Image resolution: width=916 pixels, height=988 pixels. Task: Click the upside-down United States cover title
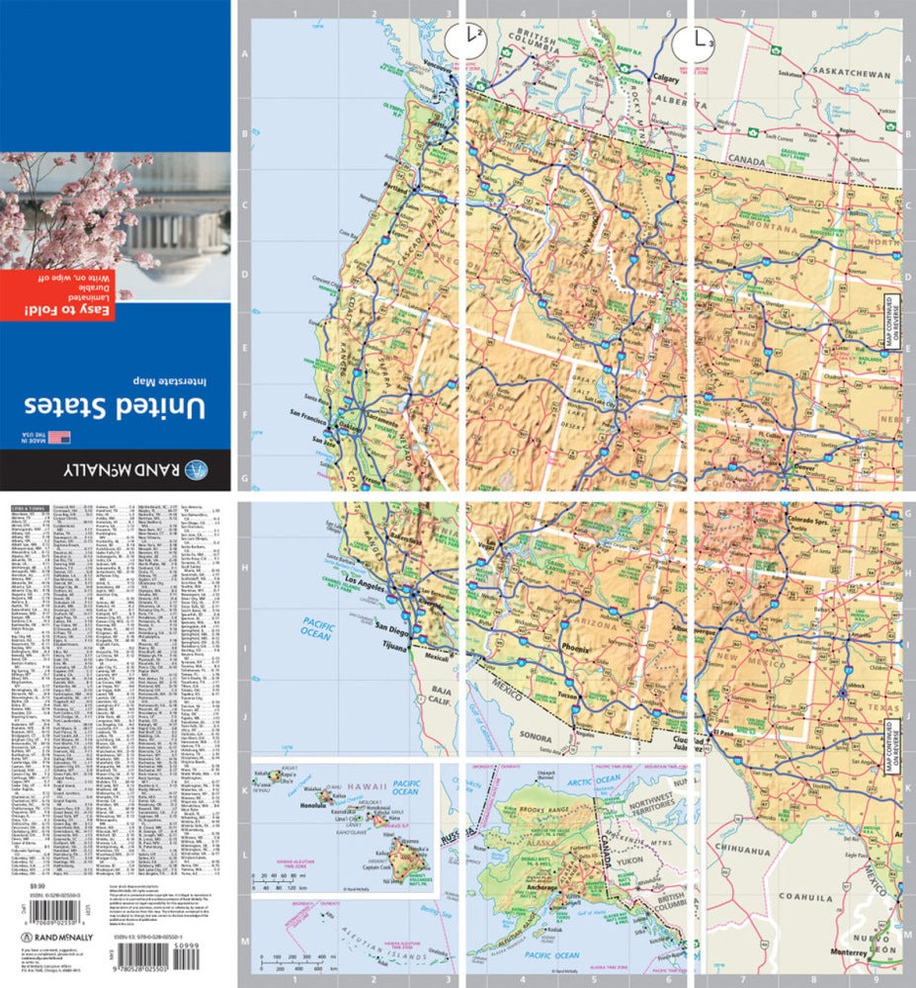click(117, 406)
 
